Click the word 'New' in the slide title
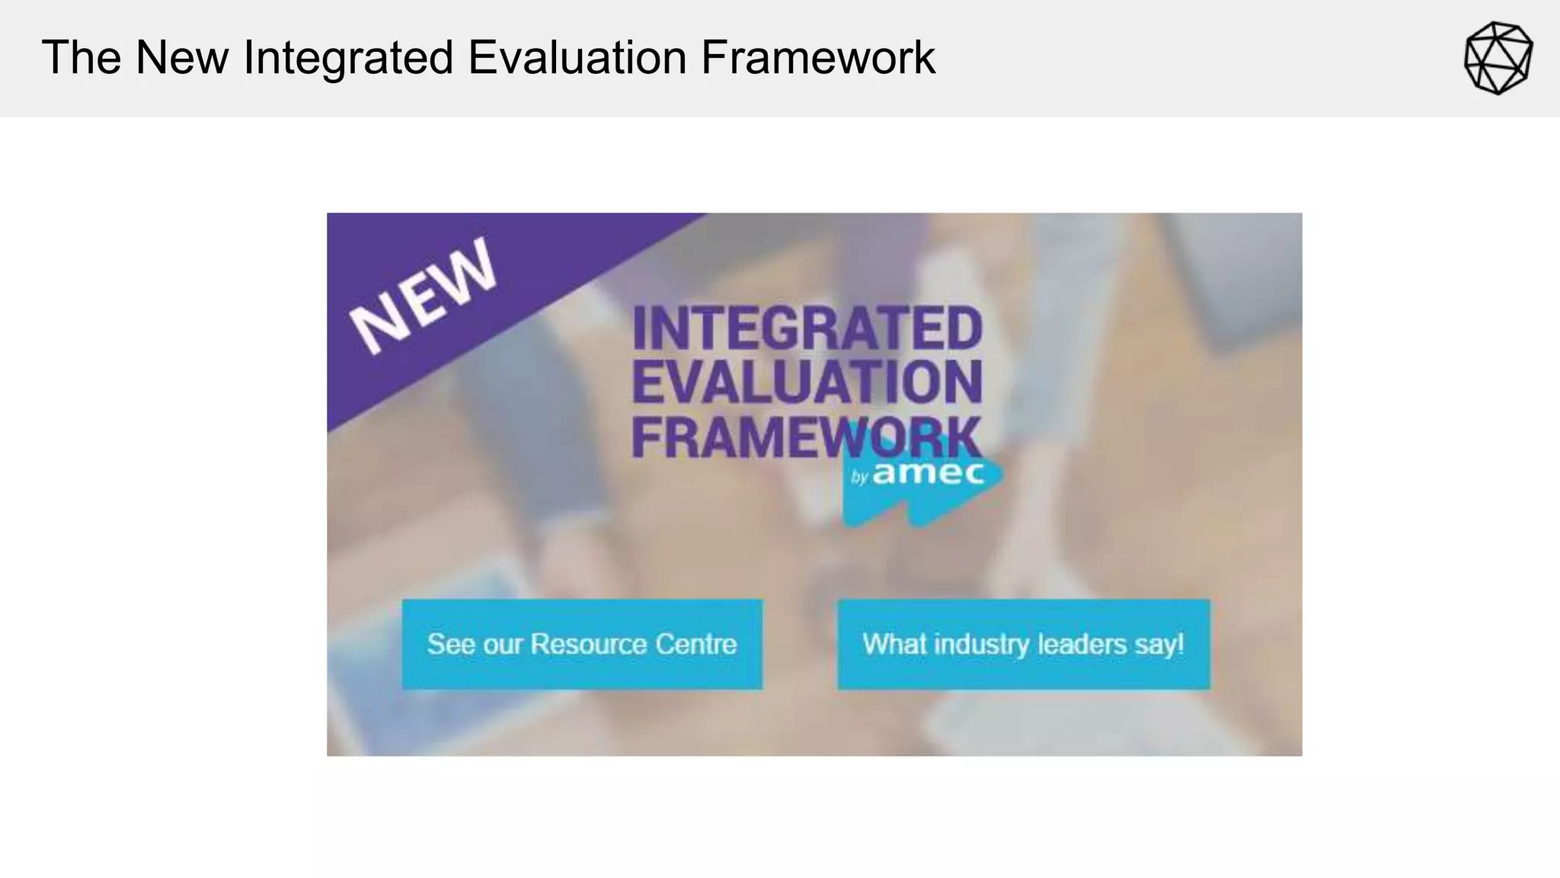pyautogui.click(x=181, y=58)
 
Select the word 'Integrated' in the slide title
pyautogui.click(x=349, y=58)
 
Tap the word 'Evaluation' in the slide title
pyautogui.click(x=577, y=58)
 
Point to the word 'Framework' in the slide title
pyautogui.click(x=818, y=58)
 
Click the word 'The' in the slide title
pyautogui.click(x=82, y=58)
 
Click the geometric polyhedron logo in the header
pyautogui.click(x=1498, y=58)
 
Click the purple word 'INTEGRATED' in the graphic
pyautogui.click(x=807, y=328)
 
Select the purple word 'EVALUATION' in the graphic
pyautogui.click(x=807, y=383)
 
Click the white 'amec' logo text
pyautogui.click(x=929, y=473)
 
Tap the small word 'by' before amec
pyautogui.click(x=860, y=478)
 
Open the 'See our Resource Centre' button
pyautogui.click(x=582, y=645)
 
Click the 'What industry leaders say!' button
pyautogui.click(x=1023, y=645)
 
